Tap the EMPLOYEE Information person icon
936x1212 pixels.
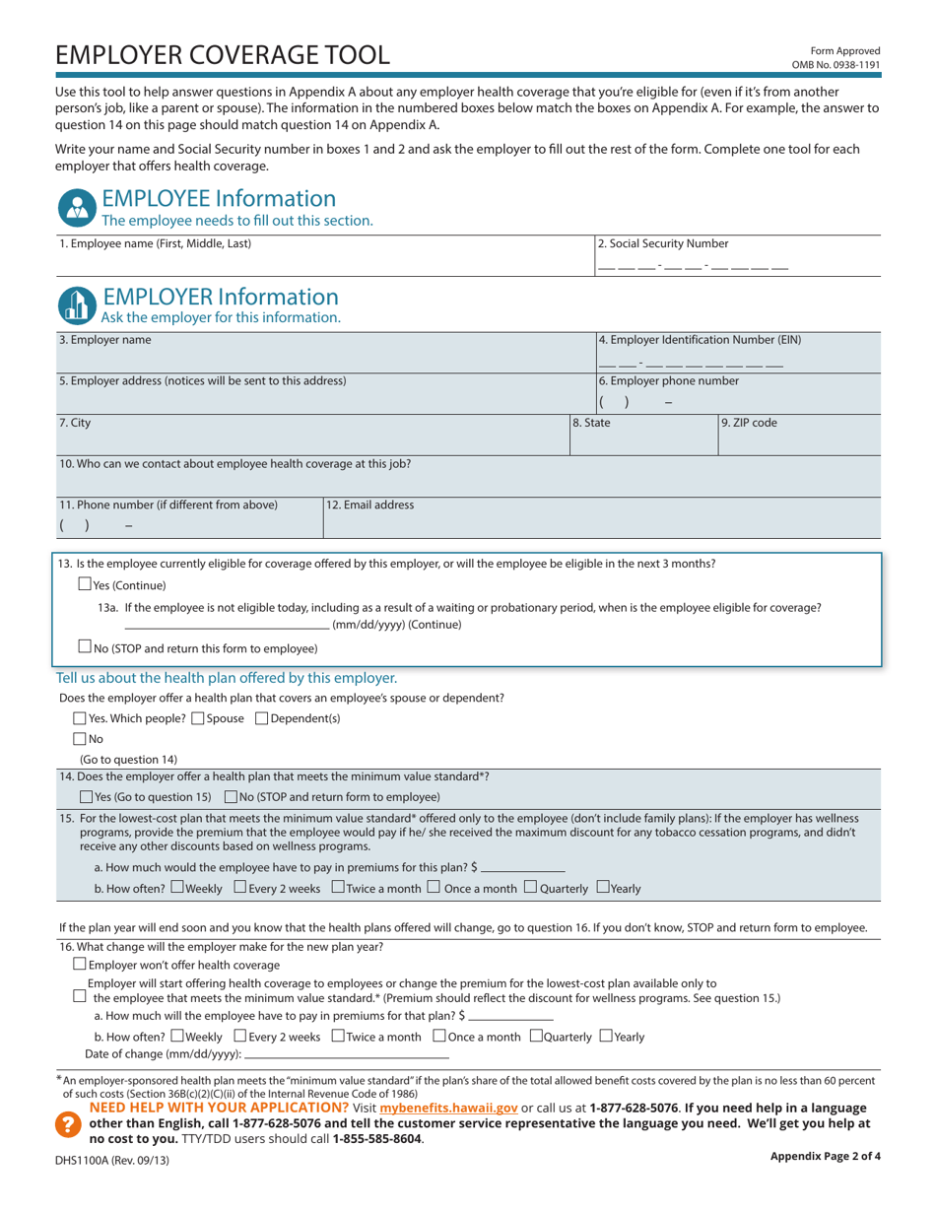coord(76,206)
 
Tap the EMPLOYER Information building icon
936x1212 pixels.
coord(76,304)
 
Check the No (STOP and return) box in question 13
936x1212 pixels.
coord(84,647)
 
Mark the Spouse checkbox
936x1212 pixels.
coord(198,718)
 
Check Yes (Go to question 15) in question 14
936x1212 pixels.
coord(86,796)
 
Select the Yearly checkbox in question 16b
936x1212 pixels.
coord(606,1036)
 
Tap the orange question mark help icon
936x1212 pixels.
coord(67,1123)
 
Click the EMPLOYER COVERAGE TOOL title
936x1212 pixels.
coord(223,54)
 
